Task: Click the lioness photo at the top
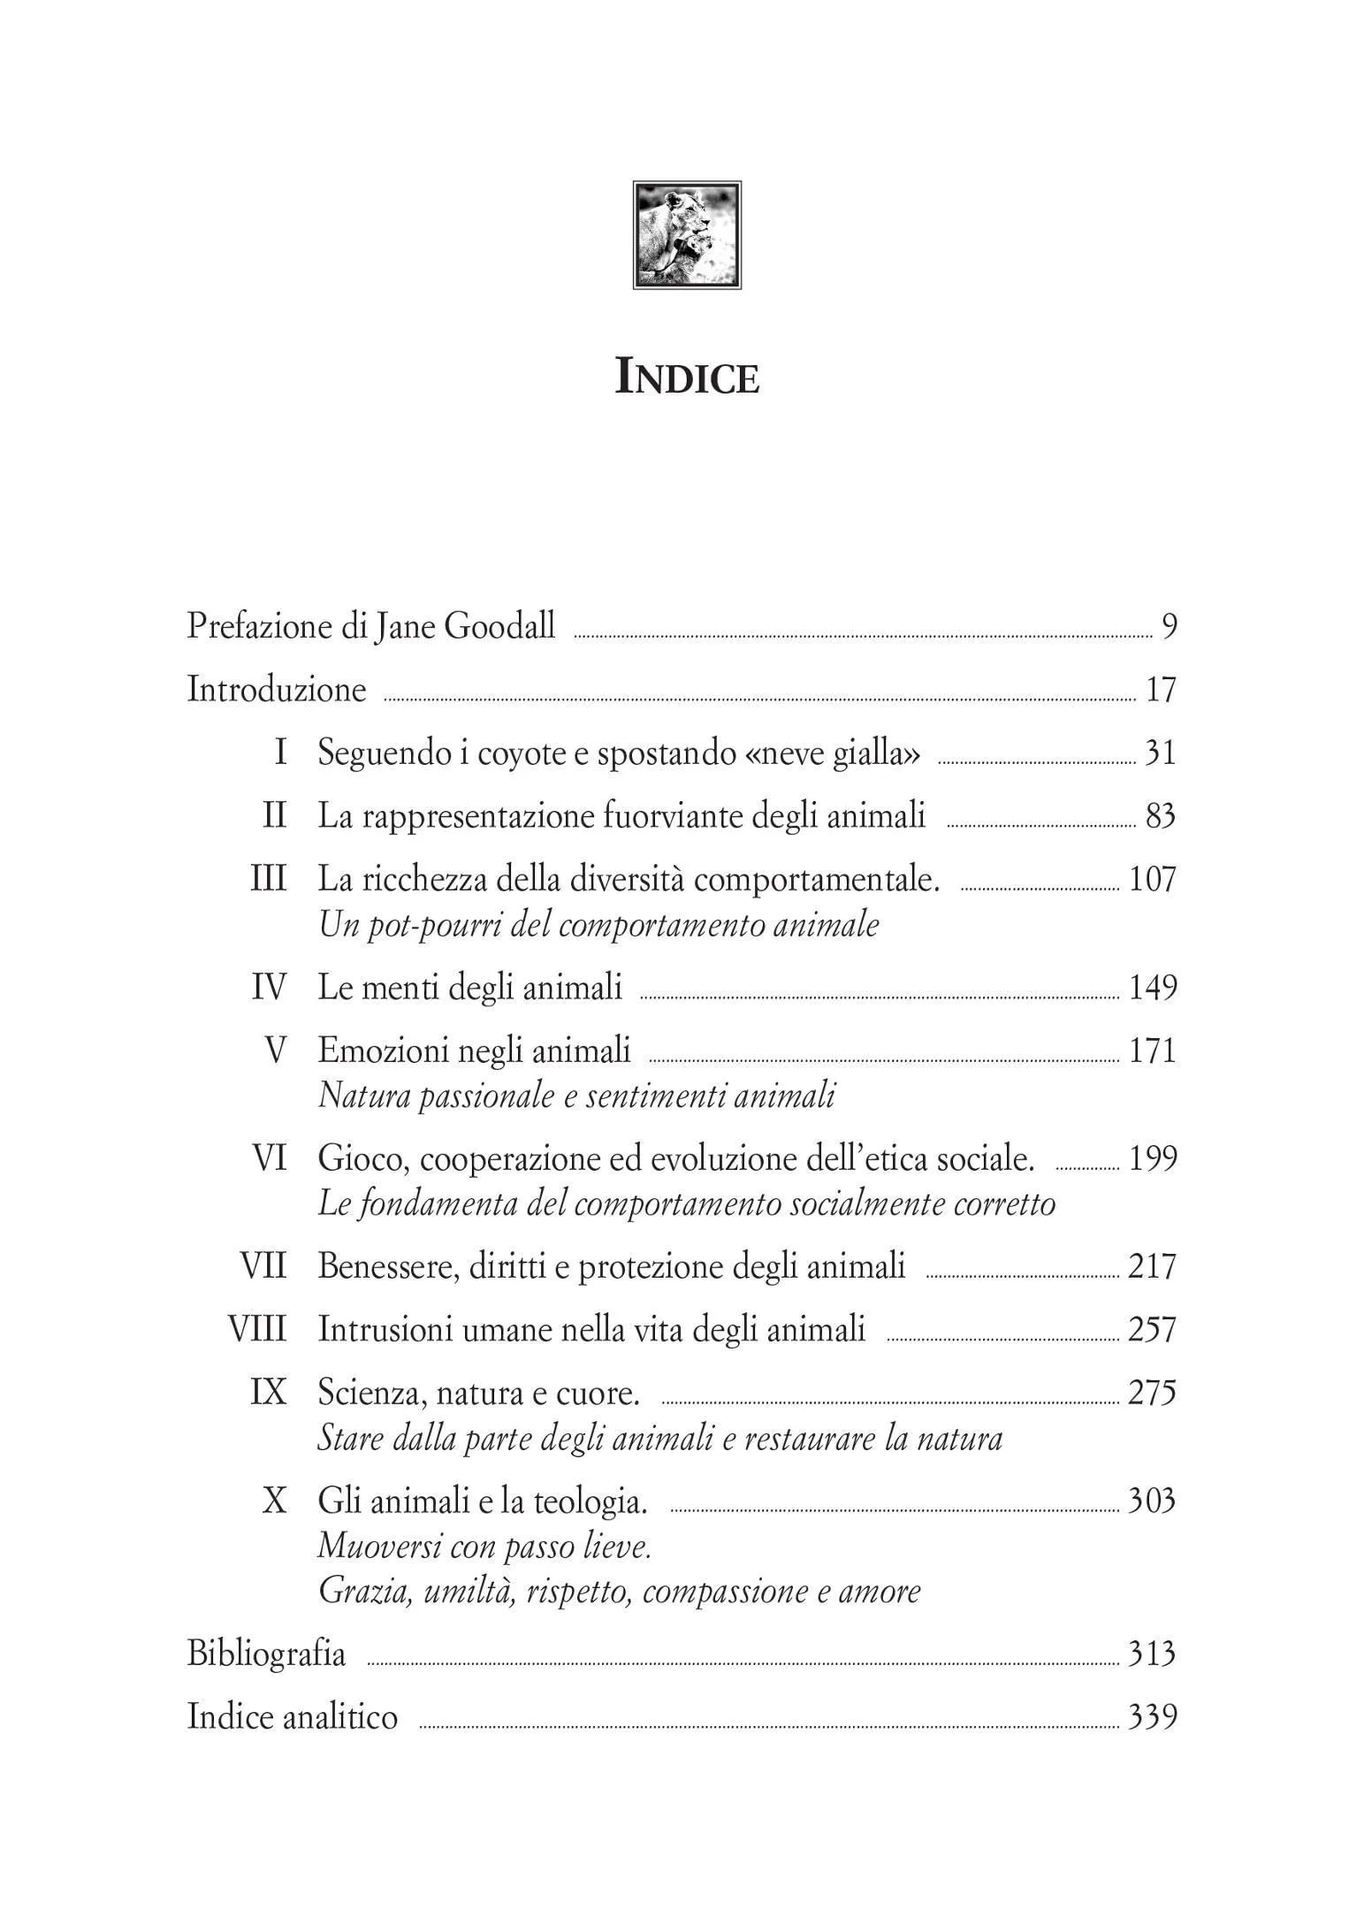(x=687, y=235)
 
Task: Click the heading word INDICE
(x=687, y=378)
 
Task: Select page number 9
(x=1169, y=627)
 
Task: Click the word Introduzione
(x=277, y=690)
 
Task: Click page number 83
(x=1161, y=816)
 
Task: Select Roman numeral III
(x=269, y=880)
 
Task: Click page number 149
(x=1153, y=988)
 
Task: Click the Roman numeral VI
(x=271, y=1158)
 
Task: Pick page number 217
(x=1153, y=1266)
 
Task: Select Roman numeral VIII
(x=258, y=1329)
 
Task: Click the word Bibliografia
(x=266, y=1654)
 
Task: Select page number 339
(x=1153, y=1717)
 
